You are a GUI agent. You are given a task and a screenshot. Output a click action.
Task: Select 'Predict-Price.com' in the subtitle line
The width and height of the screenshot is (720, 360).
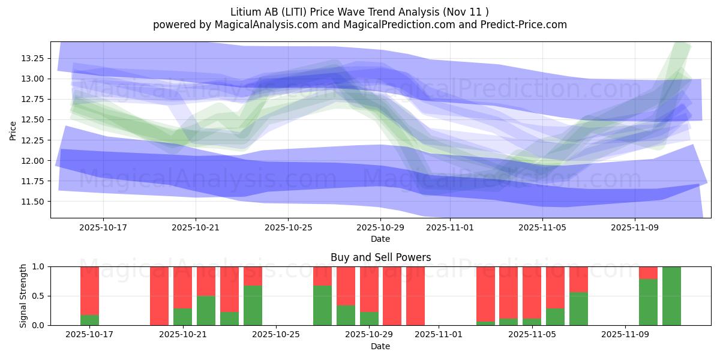(x=521, y=25)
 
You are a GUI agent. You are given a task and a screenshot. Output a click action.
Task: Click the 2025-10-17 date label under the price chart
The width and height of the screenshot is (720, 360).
(x=103, y=228)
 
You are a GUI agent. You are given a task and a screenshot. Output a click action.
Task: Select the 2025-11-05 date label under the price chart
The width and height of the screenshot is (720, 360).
(x=542, y=228)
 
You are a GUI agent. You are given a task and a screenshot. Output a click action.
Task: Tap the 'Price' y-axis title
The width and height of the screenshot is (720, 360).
(x=13, y=130)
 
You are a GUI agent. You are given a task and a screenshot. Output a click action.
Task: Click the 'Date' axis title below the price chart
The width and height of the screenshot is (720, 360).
(x=380, y=239)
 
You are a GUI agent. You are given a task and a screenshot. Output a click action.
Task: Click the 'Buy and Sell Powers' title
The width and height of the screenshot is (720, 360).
(x=380, y=257)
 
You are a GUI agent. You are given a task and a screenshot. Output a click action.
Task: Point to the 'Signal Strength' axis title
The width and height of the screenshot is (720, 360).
(x=23, y=296)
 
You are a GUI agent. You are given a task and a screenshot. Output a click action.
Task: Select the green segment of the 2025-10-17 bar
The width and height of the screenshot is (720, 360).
(x=89, y=320)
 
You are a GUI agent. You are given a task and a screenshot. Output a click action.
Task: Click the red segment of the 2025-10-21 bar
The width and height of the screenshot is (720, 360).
(x=182, y=287)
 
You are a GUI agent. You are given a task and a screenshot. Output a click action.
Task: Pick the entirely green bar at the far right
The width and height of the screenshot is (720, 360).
(x=671, y=296)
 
